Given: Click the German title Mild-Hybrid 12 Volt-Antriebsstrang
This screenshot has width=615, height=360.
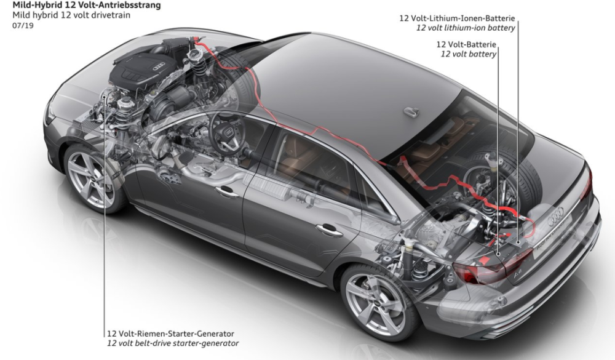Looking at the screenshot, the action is pos(81,6).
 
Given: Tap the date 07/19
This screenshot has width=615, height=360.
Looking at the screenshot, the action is pos(23,26).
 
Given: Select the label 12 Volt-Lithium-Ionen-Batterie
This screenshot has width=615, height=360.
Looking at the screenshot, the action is pos(457,18).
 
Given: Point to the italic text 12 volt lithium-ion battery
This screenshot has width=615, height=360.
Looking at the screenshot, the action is pos(466,28).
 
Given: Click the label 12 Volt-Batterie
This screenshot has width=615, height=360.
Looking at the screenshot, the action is pos(466,44).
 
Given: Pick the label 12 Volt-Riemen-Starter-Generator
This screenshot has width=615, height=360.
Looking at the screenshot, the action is pos(170,334).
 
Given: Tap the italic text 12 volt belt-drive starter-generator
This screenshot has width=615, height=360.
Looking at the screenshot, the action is pos(173,343).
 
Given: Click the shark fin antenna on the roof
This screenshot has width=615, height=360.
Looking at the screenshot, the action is pos(411,112).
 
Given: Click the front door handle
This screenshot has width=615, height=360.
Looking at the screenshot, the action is pos(227,192).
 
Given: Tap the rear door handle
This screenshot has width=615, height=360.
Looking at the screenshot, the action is pos(328,230).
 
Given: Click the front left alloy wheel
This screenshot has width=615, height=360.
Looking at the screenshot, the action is pos(92,178).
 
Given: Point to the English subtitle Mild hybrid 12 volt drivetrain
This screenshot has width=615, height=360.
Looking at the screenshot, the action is pos(71,16).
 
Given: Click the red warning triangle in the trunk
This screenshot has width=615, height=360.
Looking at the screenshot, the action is pos(484,260).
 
